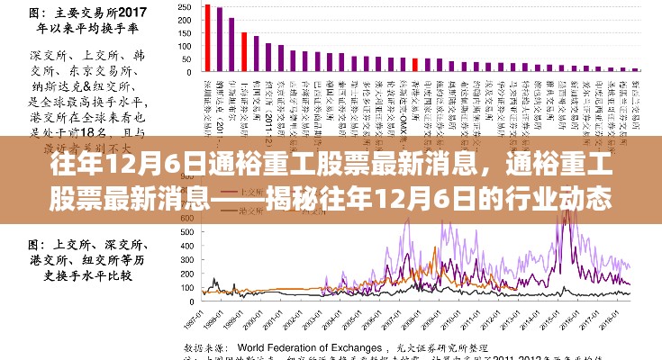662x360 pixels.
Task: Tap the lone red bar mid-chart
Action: [414, 65]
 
